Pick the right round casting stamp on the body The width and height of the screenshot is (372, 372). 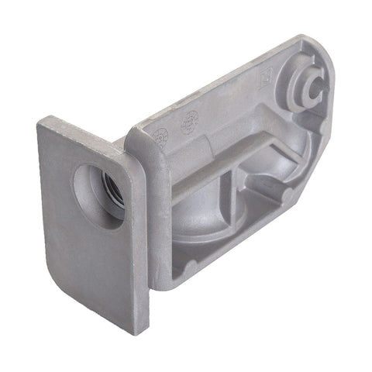pyautogui.click(x=188, y=122)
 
